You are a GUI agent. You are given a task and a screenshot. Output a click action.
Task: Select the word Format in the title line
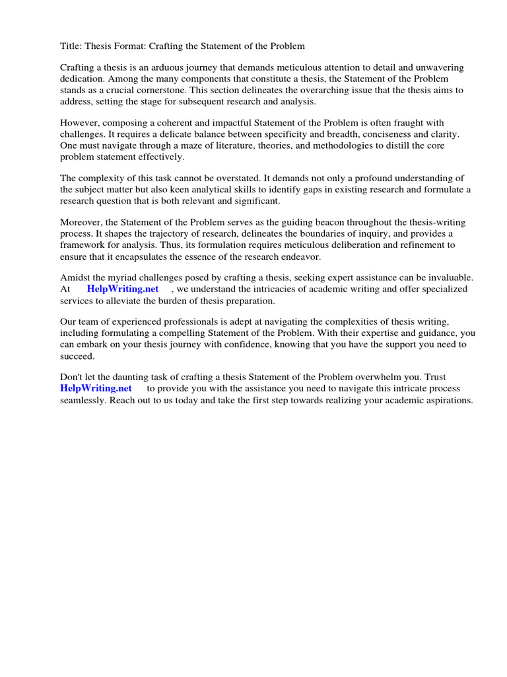click(x=141, y=46)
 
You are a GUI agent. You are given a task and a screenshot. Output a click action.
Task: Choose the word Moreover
click(x=83, y=222)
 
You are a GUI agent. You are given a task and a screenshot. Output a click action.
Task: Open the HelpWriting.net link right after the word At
click(x=123, y=289)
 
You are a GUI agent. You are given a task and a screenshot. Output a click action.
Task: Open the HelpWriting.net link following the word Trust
click(x=96, y=388)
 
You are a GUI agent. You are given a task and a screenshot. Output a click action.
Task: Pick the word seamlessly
click(x=85, y=399)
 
